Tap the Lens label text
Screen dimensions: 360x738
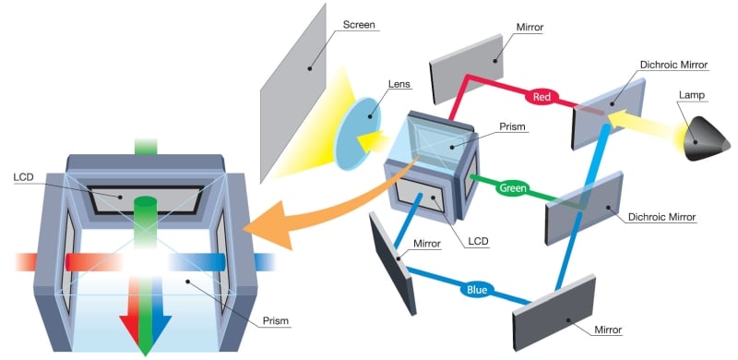click(399, 85)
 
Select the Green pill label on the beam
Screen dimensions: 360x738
click(513, 189)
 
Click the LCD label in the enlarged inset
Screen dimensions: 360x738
click(24, 175)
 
